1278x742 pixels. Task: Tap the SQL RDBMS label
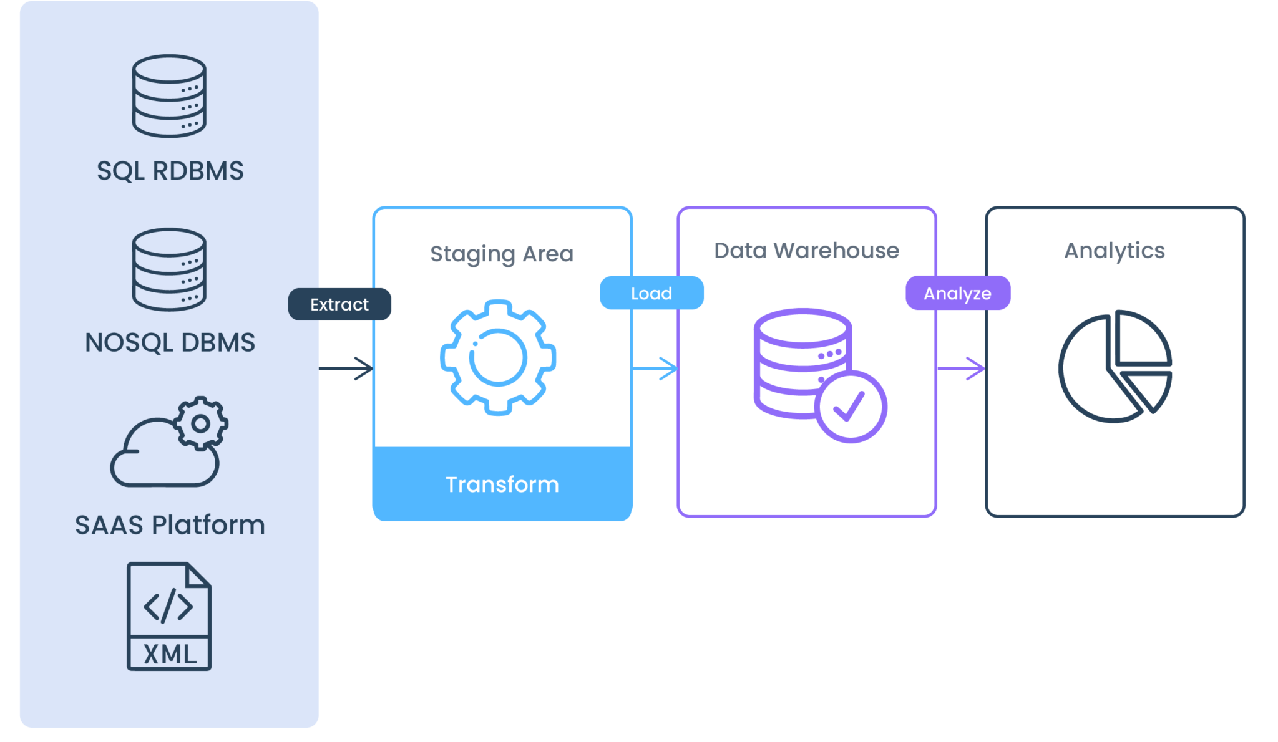point(170,171)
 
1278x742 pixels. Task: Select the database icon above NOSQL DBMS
point(169,269)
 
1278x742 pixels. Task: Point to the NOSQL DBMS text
point(170,342)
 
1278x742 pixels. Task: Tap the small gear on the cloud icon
point(200,423)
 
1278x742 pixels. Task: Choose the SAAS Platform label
point(170,525)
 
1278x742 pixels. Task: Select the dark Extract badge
point(339,304)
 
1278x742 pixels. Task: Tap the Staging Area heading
point(501,254)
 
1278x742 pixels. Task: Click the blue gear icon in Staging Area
point(498,357)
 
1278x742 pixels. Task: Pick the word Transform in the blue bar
point(502,484)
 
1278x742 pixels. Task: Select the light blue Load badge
point(651,293)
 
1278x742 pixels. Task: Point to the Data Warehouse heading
point(806,251)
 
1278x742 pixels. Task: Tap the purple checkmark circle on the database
point(850,407)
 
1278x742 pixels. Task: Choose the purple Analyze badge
point(957,293)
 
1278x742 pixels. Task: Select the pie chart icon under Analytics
point(1115,366)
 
